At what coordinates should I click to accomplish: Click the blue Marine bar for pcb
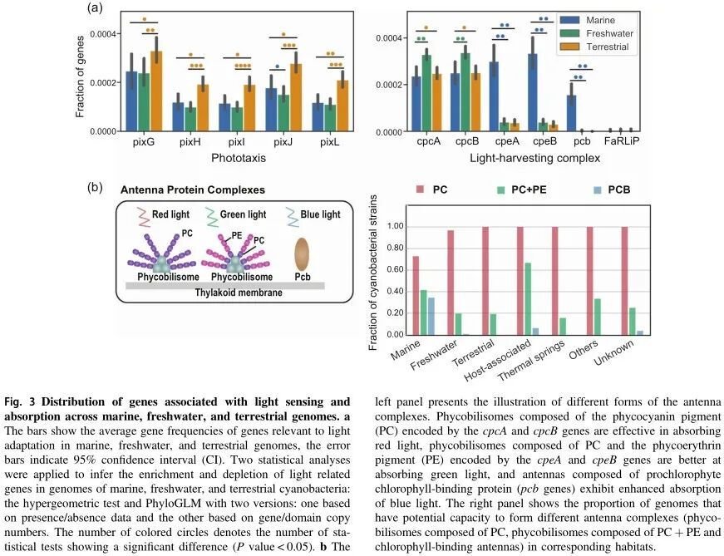(x=571, y=113)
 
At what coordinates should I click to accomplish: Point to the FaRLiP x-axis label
(x=623, y=142)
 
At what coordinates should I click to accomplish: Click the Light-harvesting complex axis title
(x=523, y=156)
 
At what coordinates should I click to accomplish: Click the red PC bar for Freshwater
(x=451, y=283)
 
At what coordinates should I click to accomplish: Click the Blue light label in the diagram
(x=319, y=214)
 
